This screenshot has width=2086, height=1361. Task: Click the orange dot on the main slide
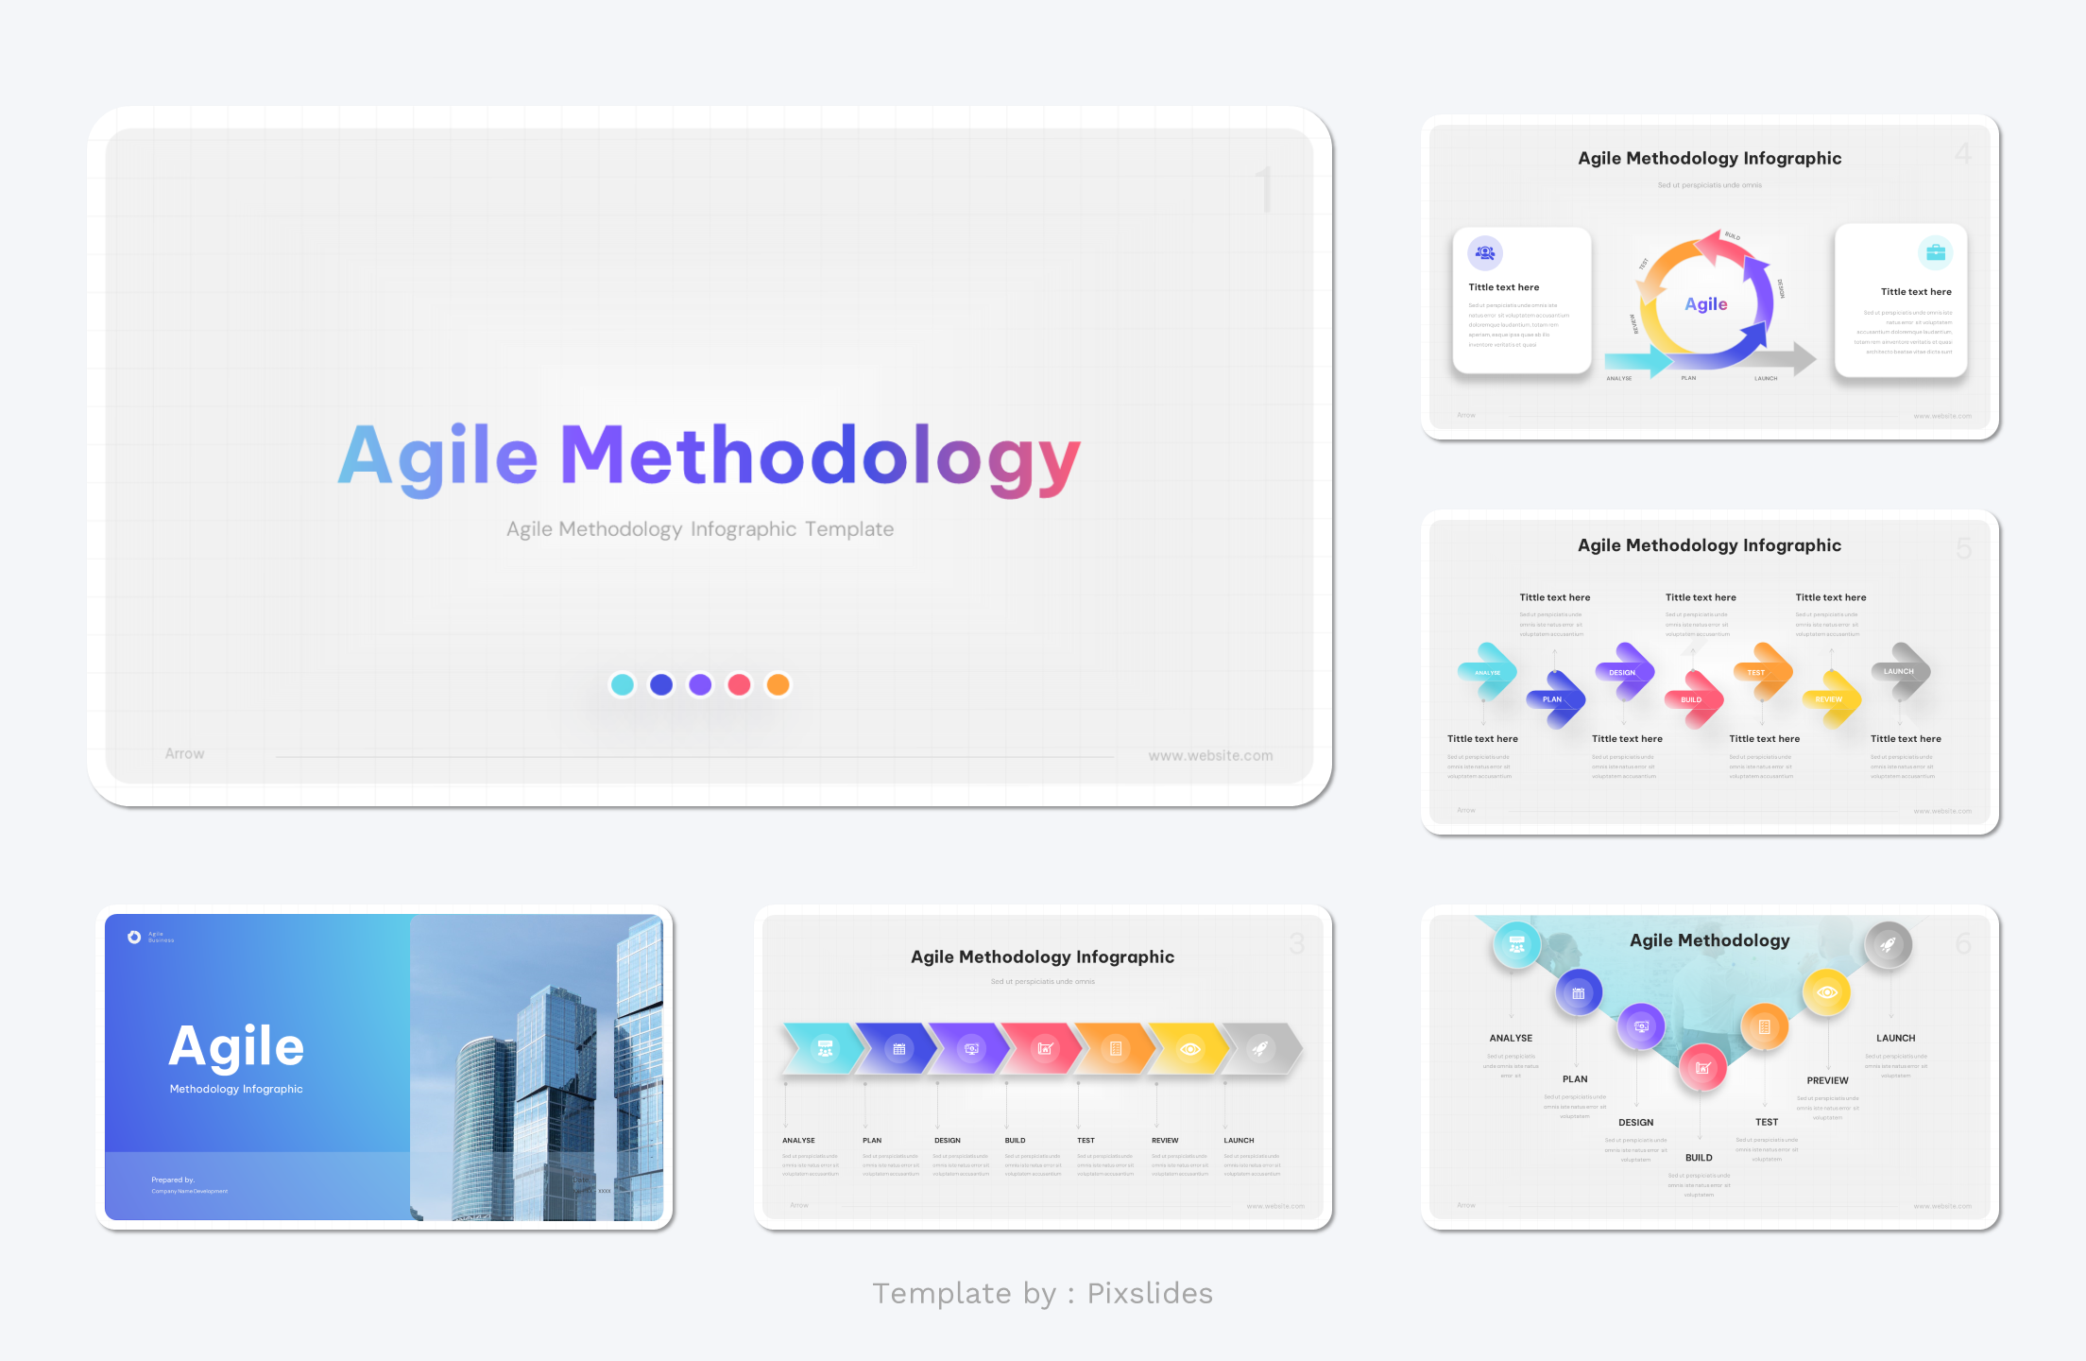click(x=778, y=684)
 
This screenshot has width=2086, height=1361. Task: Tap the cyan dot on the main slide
click(x=622, y=684)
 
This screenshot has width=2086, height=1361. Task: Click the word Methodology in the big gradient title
click(x=820, y=457)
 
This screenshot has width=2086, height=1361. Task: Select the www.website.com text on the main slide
click(x=1210, y=756)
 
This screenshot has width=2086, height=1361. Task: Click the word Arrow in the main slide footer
click(x=184, y=753)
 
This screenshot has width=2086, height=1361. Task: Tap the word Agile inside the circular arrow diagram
click(x=1705, y=304)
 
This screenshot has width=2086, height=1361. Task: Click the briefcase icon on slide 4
click(x=1935, y=252)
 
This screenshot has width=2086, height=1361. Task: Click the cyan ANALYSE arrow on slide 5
click(x=1487, y=672)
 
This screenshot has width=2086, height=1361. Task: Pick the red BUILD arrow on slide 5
click(x=1692, y=699)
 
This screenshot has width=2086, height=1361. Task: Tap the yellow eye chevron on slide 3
click(x=1189, y=1048)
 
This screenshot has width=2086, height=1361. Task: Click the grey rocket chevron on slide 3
click(x=1260, y=1048)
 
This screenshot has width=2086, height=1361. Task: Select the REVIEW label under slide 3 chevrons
click(x=1165, y=1141)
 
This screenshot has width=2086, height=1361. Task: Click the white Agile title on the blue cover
click(x=236, y=1047)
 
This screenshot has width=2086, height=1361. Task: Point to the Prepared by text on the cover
click(x=173, y=1180)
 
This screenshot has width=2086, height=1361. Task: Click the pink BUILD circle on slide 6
click(x=1702, y=1068)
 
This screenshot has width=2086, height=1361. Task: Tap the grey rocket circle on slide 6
click(x=1888, y=944)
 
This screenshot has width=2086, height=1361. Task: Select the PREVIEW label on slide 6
click(x=1827, y=1080)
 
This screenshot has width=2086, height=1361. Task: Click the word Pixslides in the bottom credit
click(x=1150, y=1293)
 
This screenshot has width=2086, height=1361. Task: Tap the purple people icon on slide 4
click(x=1485, y=252)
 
